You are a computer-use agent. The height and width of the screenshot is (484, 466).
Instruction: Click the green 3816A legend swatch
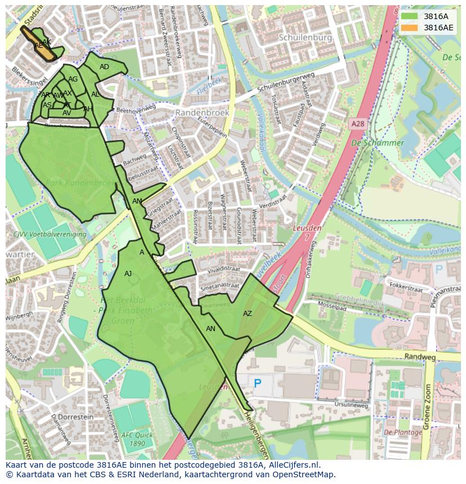pos(410,16)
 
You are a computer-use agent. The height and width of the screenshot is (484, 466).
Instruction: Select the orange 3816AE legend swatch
pos(410,28)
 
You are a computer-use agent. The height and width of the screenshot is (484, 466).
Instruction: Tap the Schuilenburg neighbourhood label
pos(304,37)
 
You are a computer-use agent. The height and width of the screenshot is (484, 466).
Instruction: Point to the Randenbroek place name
pos(202,112)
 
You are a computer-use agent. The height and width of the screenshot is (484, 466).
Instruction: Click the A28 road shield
pos(357,124)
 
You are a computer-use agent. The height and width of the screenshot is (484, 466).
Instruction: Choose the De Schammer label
pos(378,143)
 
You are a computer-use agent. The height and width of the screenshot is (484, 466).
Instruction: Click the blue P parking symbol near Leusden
pos(257,383)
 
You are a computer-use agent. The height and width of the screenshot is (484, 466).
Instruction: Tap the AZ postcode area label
pos(248,314)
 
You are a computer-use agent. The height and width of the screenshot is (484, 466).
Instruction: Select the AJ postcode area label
pos(128,274)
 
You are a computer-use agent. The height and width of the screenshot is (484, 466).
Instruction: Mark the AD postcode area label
pos(104,67)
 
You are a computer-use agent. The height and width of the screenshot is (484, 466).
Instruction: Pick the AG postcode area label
pos(73,79)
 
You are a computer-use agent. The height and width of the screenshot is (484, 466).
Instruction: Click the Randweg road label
pos(419,356)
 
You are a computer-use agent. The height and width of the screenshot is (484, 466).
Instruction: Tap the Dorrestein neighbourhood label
pos(74,417)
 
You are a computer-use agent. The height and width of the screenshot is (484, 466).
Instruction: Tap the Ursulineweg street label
pos(351,405)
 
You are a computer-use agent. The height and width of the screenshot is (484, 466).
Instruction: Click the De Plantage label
pos(403,432)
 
